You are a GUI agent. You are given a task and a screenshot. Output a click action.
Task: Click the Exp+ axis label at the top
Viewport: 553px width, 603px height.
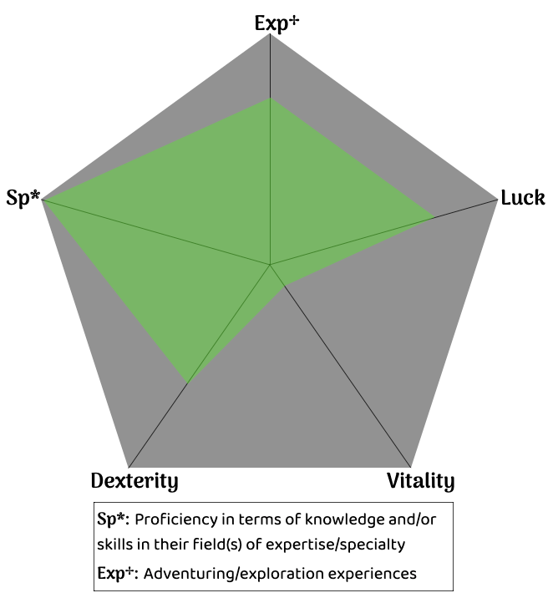click(x=276, y=23)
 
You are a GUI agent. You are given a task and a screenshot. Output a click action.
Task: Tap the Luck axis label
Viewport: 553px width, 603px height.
click(x=523, y=198)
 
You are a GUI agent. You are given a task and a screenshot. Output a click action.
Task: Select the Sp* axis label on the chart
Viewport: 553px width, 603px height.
click(x=23, y=200)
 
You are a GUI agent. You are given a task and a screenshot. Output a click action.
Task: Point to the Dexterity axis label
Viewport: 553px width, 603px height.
click(x=134, y=481)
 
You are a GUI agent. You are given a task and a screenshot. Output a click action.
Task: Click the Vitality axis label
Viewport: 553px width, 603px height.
click(x=420, y=481)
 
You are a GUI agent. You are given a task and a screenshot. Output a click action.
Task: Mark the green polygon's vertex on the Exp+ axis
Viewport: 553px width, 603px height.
click(x=271, y=98)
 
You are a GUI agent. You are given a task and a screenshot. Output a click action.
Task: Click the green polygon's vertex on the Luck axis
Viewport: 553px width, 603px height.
click(x=434, y=216)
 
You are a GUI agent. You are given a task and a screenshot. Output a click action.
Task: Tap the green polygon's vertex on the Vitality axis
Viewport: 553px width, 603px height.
click(x=286, y=286)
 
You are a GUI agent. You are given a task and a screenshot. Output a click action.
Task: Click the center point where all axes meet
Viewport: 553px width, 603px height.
click(x=271, y=265)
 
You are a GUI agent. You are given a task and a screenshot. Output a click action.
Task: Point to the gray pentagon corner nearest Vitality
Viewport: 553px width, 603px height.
click(x=411, y=467)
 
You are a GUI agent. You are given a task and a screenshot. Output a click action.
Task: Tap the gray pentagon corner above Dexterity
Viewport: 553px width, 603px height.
click(x=129, y=467)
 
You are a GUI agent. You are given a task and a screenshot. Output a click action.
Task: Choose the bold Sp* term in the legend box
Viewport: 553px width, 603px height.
click(x=113, y=519)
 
